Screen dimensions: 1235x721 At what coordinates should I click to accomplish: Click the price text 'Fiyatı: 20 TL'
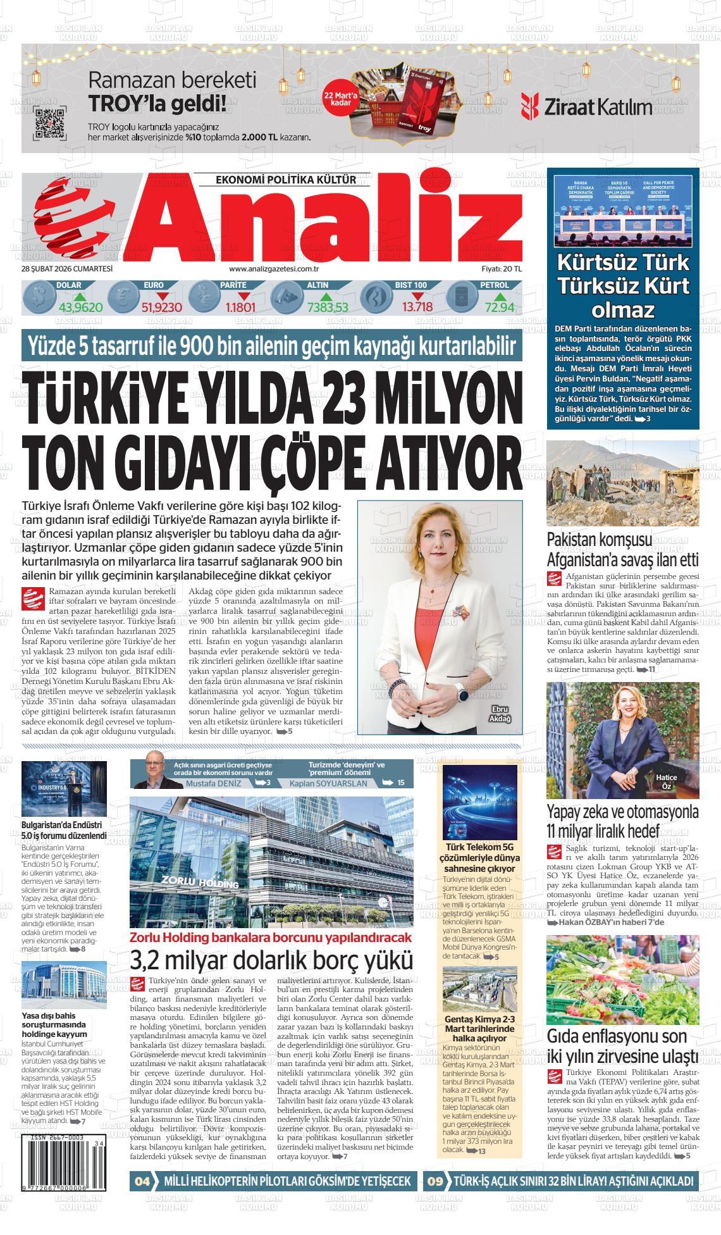502,268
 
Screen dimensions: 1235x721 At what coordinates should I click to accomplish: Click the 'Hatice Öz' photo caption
667,782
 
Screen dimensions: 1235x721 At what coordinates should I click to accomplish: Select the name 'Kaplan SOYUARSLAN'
328,783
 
